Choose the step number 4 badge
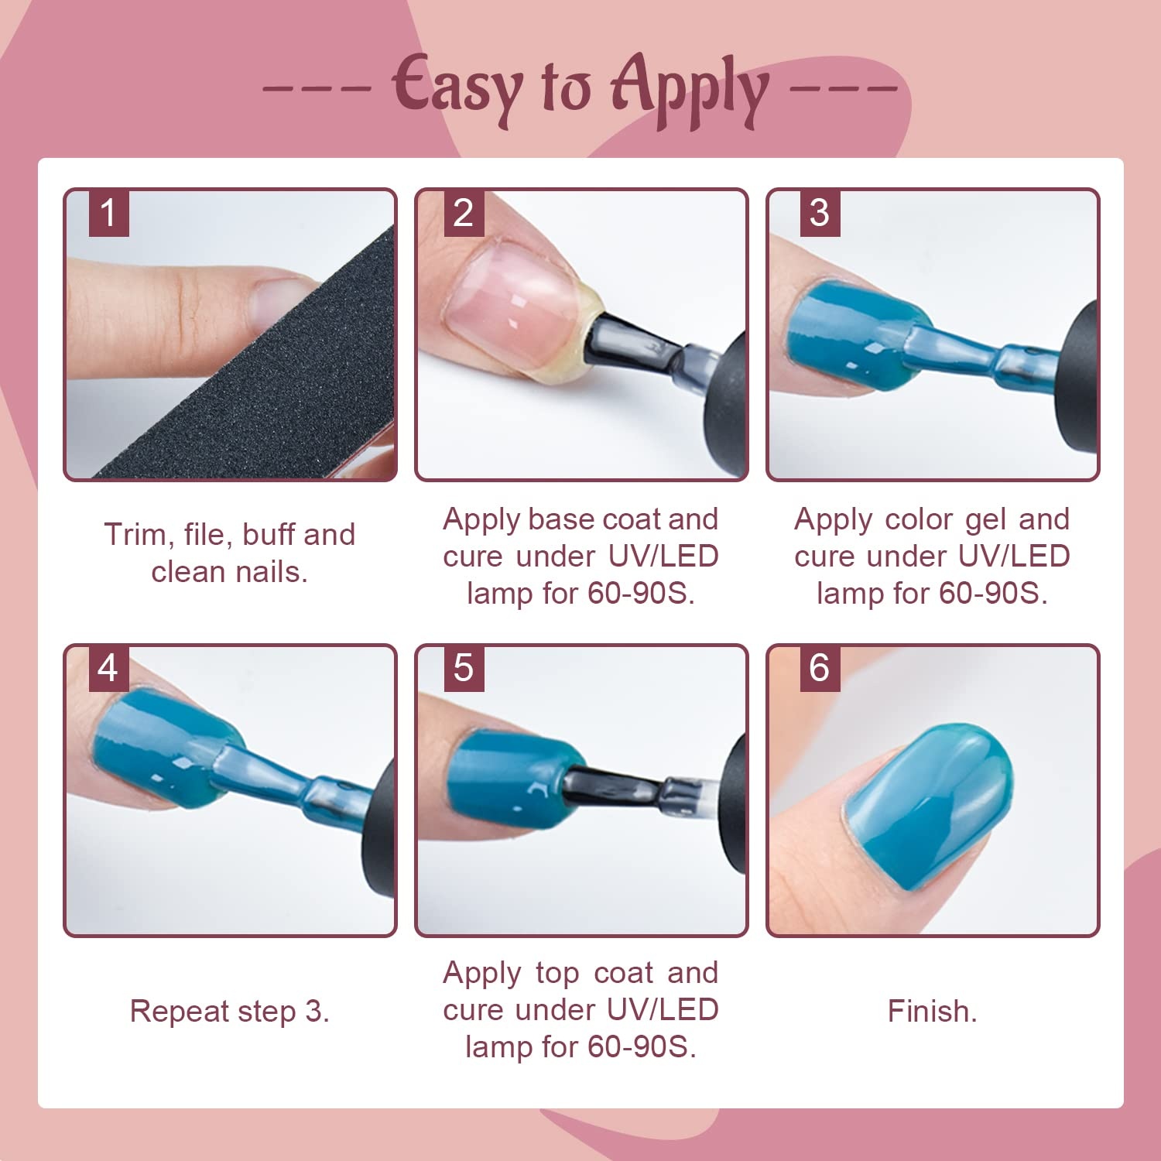click(108, 668)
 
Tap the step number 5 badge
click(463, 668)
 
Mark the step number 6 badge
click(819, 668)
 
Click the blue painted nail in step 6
click(929, 805)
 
